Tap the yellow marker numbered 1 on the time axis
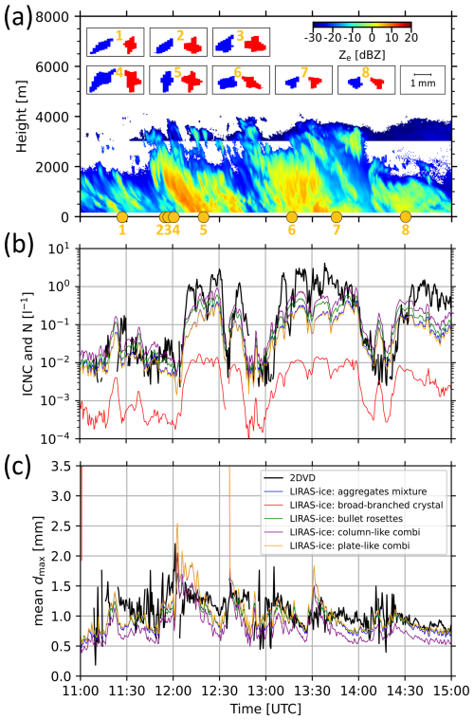tap(121, 217)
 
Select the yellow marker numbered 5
tap(203, 217)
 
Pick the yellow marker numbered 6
tap(291, 217)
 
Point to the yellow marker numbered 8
tap(406, 217)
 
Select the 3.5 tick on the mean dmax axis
tap(62, 466)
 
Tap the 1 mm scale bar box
tap(423, 79)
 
